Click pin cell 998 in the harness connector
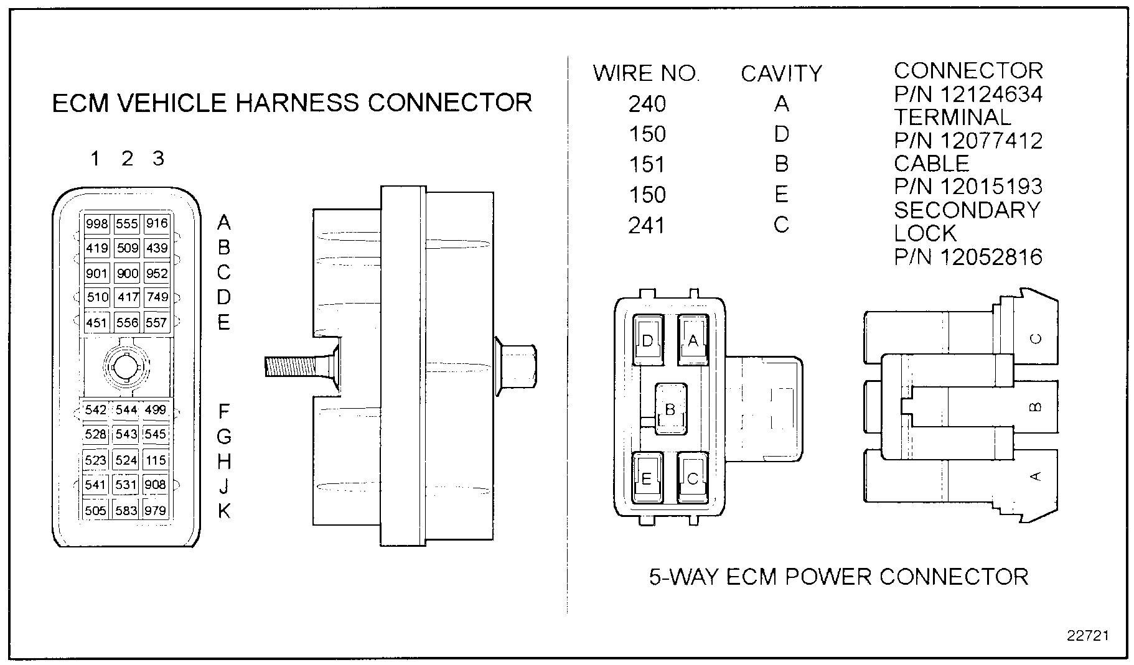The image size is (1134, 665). [97, 224]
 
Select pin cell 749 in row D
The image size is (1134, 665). [157, 297]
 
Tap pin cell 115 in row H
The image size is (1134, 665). [156, 460]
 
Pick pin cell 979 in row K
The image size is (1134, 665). [156, 511]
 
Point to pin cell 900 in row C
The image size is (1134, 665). [128, 273]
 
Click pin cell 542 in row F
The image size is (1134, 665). [96, 410]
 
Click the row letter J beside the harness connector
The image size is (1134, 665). [224, 486]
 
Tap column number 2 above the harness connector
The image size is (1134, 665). [127, 159]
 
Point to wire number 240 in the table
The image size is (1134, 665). [647, 104]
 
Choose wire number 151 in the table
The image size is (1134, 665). [647, 165]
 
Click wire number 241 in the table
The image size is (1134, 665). [647, 225]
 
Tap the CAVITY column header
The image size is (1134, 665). [781, 74]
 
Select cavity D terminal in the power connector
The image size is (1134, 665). [648, 340]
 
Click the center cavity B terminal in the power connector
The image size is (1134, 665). [670, 409]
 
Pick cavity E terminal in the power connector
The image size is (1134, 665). [647, 478]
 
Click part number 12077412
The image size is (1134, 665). [968, 141]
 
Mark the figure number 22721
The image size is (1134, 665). [1088, 636]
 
